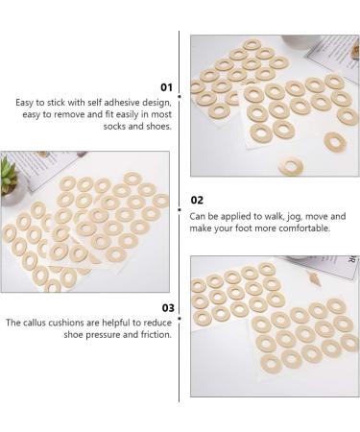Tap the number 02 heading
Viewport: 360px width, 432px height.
click(197, 200)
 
